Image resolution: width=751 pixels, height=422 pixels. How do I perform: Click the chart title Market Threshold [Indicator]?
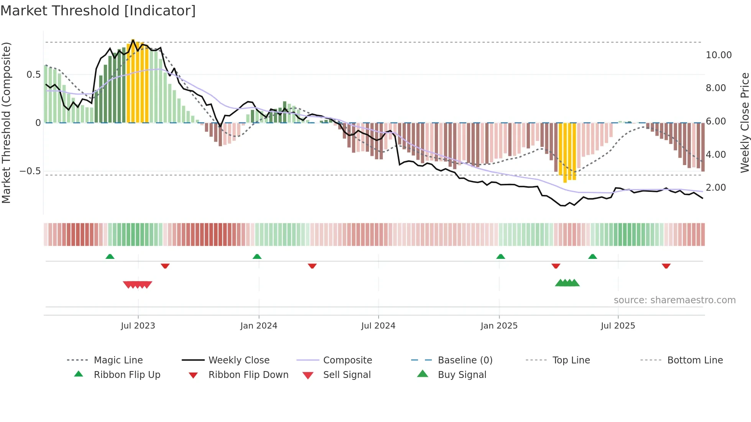98,11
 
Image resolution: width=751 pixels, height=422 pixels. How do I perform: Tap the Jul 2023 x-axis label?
138,326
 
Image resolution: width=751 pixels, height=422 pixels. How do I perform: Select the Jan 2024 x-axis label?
259,326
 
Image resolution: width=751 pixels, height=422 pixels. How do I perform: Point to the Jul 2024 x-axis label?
378,326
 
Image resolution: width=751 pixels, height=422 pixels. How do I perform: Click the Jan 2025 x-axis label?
499,326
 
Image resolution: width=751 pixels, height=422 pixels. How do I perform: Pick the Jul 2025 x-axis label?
618,326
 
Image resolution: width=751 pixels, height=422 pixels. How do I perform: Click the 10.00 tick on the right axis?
718,55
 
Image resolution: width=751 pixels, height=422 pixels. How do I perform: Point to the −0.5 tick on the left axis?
30,171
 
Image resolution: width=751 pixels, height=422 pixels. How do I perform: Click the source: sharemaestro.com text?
674,300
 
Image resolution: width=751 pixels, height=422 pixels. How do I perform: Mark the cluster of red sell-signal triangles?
138,285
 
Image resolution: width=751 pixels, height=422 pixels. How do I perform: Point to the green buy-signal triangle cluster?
567,283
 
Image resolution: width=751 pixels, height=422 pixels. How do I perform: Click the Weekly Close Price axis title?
744,123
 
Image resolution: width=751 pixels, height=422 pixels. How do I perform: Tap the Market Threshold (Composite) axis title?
6,123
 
